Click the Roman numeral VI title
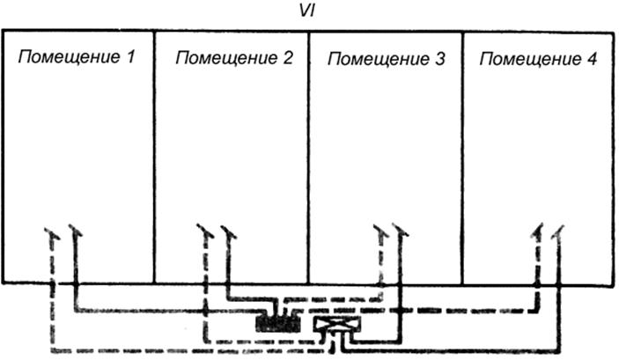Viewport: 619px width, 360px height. (x=306, y=11)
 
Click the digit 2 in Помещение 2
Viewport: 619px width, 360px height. (x=287, y=57)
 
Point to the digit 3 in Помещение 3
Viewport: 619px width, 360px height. (x=439, y=59)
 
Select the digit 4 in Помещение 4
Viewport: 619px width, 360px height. (x=592, y=59)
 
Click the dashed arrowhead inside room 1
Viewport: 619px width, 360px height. (x=52, y=233)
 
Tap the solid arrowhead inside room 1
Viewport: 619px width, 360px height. (x=75, y=231)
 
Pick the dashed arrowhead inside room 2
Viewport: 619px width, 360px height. (x=205, y=231)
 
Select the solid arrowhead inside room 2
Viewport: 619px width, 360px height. (x=229, y=232)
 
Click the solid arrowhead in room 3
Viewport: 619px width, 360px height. (x=401, y=231)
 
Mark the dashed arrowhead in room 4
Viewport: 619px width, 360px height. (x=537, y=231)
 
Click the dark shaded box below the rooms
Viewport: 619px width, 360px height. (x=278, y=323)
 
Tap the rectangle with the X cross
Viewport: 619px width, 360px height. (x=337, y=324)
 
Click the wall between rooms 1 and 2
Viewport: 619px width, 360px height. (x=154, y=157)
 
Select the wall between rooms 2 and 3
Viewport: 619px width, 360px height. (x=308, y=158)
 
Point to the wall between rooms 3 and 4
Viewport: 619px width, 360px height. (x=462, y=158)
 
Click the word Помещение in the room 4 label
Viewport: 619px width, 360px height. (x=530, y=59)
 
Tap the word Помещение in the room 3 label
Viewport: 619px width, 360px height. (x=379, y=59)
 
